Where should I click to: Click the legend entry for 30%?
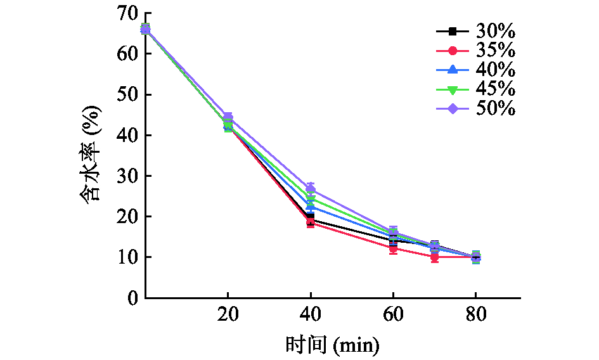click(x=475, y=31)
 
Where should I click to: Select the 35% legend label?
click(x=475, y=51)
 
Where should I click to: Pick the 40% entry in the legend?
click(x=475, y=70)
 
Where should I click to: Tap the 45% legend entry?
click(x=475, y=89)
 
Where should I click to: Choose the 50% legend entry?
click(x=475, y=108)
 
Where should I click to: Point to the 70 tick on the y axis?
click(x=129, y=13)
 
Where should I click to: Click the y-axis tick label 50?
click(x=129, y=94)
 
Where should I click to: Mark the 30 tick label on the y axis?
click(x=129, y=176)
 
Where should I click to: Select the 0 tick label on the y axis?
click(x=133, y=297)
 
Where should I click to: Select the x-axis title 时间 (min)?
click(x=332, y=345)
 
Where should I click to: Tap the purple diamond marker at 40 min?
click(x=311, y=188)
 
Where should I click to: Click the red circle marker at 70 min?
click(x=434, y=257)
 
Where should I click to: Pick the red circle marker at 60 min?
click(x=393, y=248)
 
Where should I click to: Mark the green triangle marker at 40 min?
click(x=311, y=199)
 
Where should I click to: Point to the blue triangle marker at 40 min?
click(x=311, y=207)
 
